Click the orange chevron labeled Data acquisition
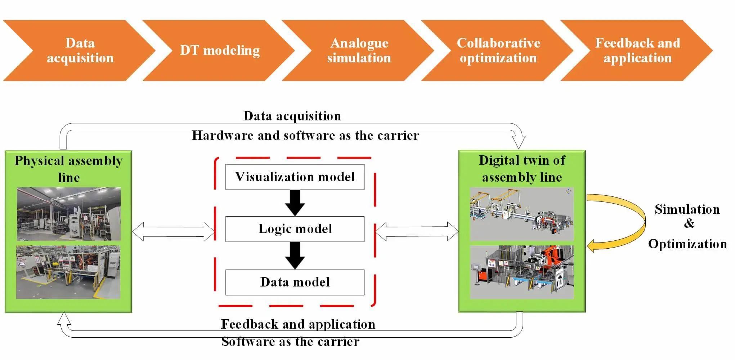coord(80,50)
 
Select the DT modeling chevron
coord(220,50)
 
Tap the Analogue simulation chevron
coord(359,50)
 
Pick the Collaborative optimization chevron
coord(498,50)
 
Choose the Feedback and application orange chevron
coord(637,50)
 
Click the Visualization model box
coord(295,177)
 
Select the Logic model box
coord(295,229)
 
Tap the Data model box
coord(295,282)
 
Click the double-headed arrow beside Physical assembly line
coord(173,232)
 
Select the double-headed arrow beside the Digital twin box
coord(417,231)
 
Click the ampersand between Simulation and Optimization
coord(689,223)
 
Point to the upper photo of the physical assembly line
coord(69,214)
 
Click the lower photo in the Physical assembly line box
coord(68,272)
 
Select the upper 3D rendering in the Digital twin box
coord(521,214)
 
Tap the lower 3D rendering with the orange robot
coord(521,272)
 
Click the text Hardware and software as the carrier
coord(305,135)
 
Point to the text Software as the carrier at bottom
coord(290,342)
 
